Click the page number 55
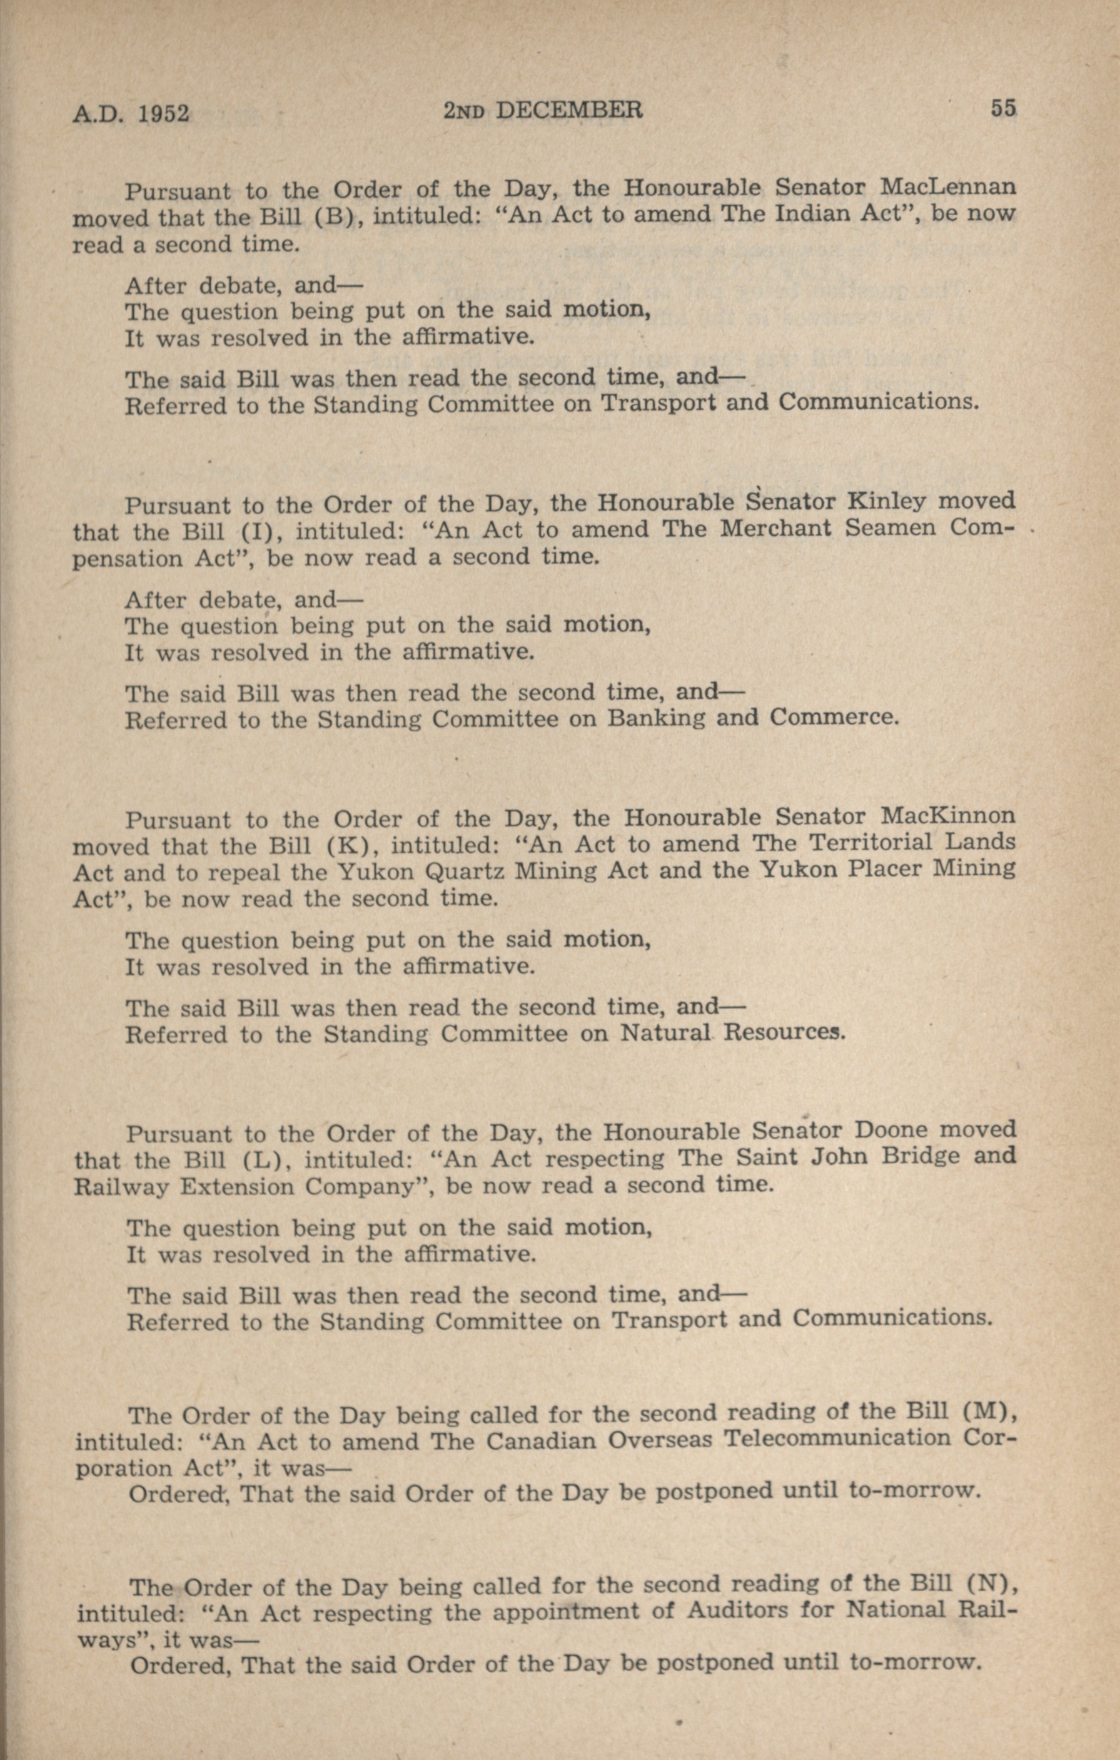tap(1003, 108)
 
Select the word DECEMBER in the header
tap(569, 110)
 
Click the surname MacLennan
tap(947, 187)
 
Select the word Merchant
tap(775, 529)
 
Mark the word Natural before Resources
tap(666, 1034)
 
